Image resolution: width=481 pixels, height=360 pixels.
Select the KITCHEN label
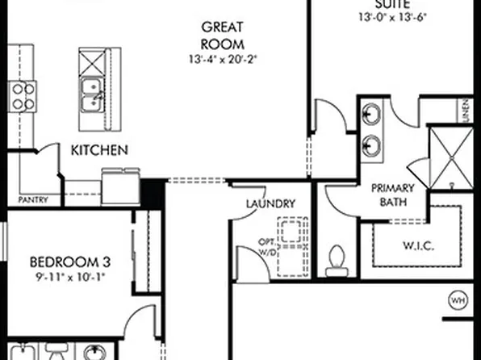(x=99, y=150)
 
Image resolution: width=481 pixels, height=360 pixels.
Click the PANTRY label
(x=32, y=199)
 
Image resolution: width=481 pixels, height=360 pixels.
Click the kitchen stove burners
(x=23, y=96)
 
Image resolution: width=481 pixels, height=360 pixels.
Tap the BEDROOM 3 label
(x=69, y=262)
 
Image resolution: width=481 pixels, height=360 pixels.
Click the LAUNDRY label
(x=270, y=204)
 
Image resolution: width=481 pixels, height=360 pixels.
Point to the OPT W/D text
(x=267, y=247)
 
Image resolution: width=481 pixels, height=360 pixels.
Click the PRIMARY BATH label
(x=393, y=195)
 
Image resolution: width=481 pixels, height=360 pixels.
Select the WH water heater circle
(x=458, y=301)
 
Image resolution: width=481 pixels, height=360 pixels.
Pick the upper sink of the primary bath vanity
(x=371, y=112)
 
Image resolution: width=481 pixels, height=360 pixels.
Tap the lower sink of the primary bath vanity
(x=371, y=145)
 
